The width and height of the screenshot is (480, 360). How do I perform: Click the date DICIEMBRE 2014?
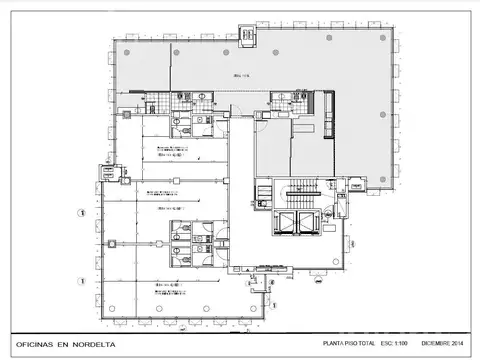point(444,342)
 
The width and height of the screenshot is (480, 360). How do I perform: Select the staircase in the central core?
point(301,191)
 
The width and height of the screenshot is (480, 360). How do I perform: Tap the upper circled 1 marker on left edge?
point(81,211)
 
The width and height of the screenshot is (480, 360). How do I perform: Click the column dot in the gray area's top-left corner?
point(112,43)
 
